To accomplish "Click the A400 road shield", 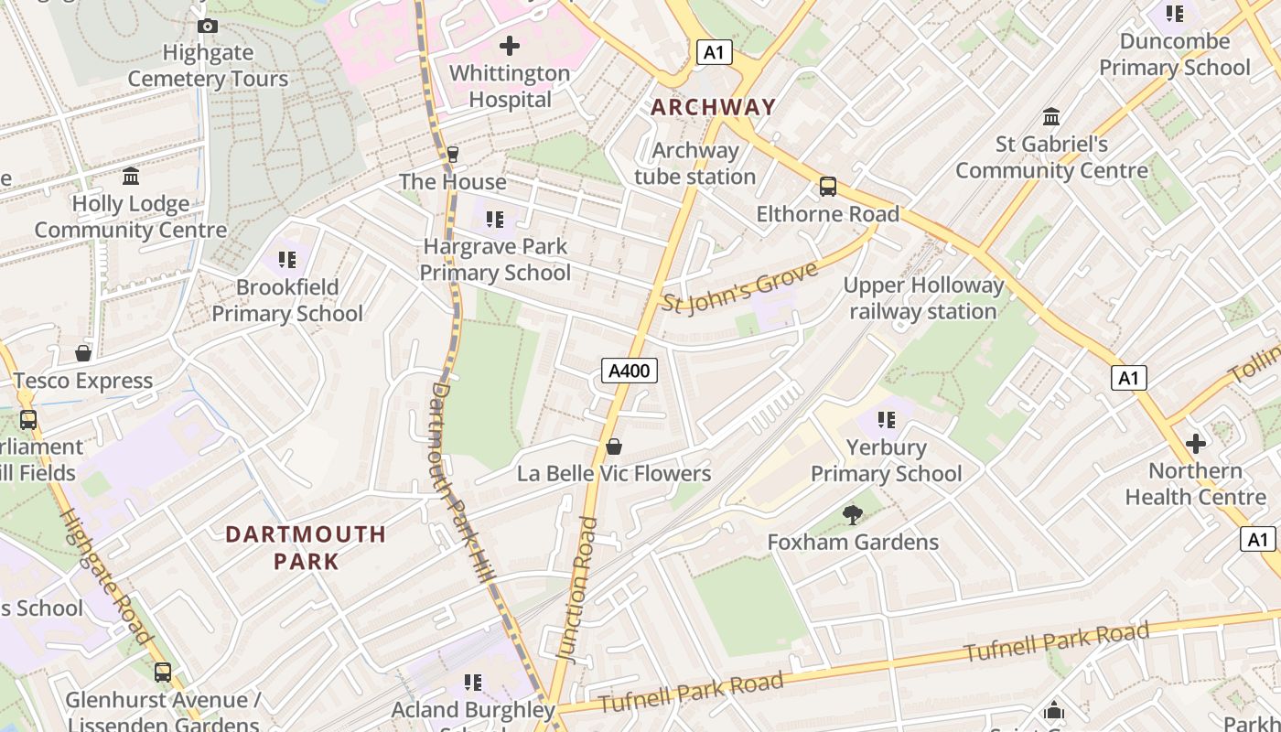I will click(x=630, y=371).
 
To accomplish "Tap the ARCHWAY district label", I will click(x=713, y=107).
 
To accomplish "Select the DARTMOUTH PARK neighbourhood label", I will click(x=306, y=547).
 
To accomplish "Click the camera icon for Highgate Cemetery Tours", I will click(x=208, y=26).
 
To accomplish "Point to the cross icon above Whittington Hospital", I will click(x=510, y=45).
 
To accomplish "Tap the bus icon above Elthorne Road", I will click(x=828, y=187).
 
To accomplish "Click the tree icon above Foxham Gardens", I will click(x=853, y=515).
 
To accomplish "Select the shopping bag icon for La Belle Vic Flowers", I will click(x=614, y=447).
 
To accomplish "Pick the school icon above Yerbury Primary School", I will click(x=886, y=420).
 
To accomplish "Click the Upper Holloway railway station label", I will click(x=923, y=298).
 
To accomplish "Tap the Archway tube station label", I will click(x=695, y=164).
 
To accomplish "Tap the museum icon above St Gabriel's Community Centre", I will click(x=1051, y=117).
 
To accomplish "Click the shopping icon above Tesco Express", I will click(x=83, y=353).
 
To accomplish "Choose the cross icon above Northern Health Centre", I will click(x=1195, y=444).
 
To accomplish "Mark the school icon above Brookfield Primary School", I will click(x=287, y=260).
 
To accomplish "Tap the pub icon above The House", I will click(x=452, y=155).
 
